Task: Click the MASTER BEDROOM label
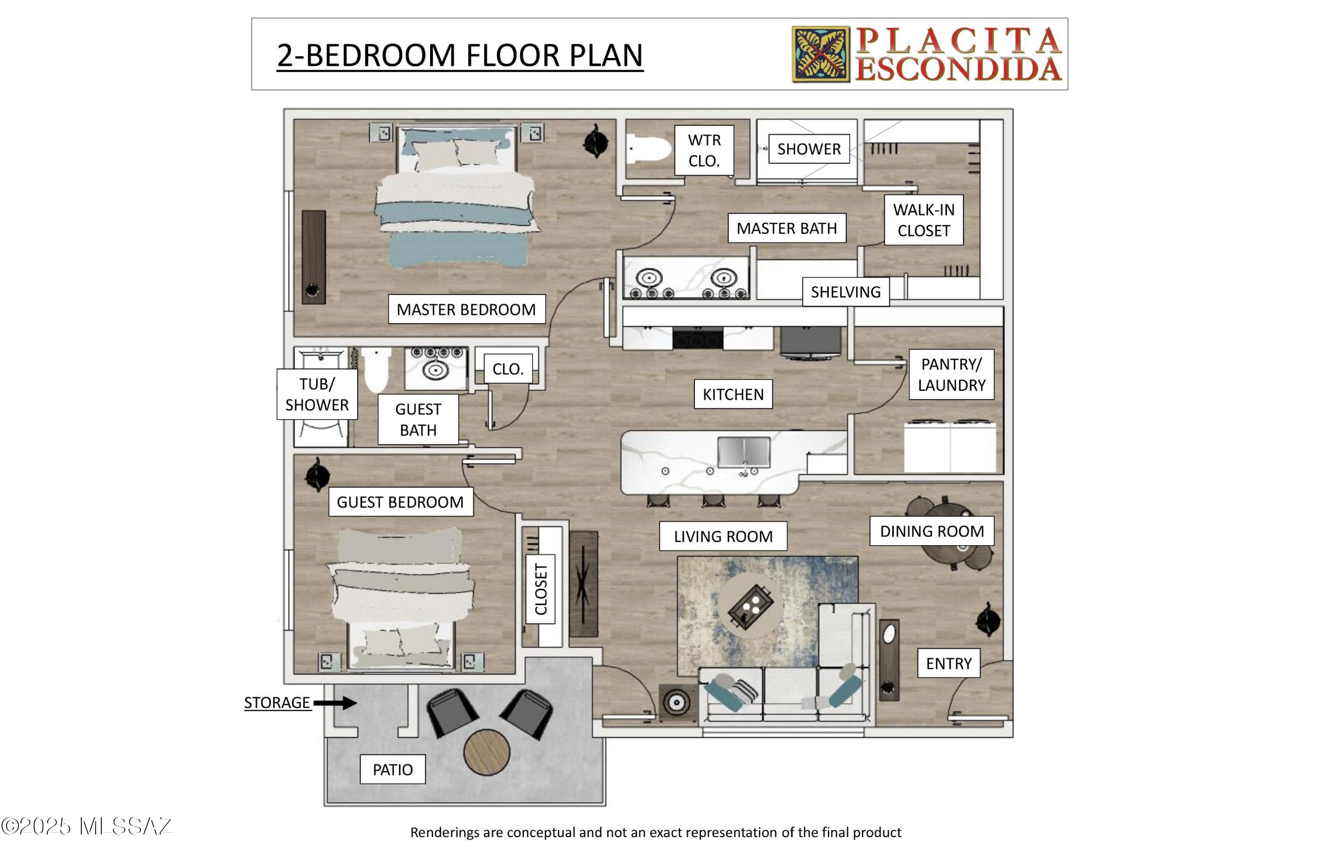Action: pos(466,309)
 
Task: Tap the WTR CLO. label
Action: pos(704,150)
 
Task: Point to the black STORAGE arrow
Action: pos(335,703)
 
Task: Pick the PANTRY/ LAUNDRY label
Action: pos(952,375)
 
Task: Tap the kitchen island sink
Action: pos(744,452)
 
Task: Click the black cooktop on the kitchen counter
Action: pos(697,338)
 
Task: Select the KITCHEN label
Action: pos(733,394)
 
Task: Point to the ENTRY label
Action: pos(949,663)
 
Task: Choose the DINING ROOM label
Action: pos(932,531)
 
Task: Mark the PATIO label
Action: pos(393,769)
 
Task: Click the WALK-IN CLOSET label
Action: pos(924,220)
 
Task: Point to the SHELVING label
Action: pos(846,291)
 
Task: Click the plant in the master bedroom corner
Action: pos(596,141)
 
